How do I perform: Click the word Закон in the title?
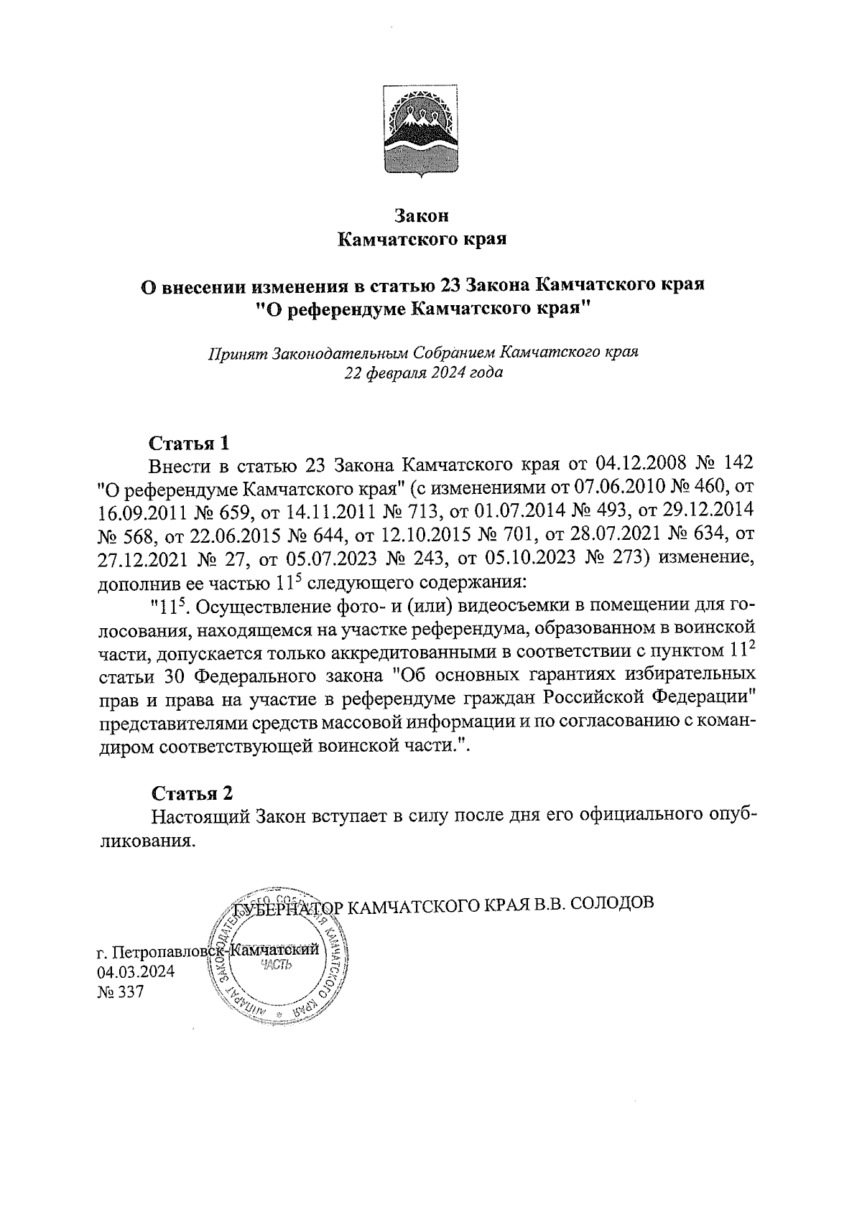click(422, 215)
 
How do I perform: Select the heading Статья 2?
click(192, 793)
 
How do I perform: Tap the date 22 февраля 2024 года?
click(422, 373)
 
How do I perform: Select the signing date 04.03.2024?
click(136, 973)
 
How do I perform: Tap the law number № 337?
click(120, 993)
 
